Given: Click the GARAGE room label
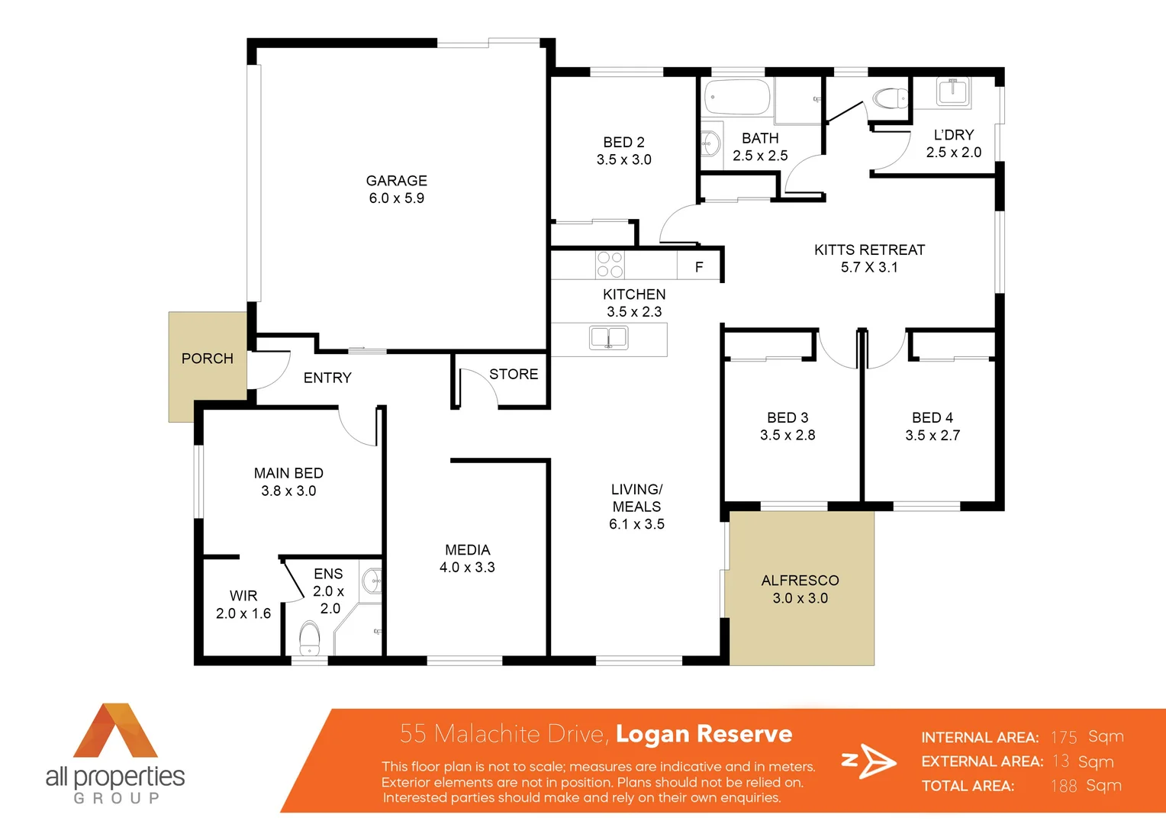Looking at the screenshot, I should [x=396, y=181].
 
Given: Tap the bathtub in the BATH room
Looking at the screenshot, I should [x=737, y=98].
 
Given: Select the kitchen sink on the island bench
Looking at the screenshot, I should [x=608, y=337].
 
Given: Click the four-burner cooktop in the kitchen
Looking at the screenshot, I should [x=610, y=265].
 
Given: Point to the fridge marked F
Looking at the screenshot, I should [x=699, y=267].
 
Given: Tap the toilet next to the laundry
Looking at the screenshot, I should [x=889, y=98].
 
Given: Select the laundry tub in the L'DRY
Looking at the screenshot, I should [x=952, y=92].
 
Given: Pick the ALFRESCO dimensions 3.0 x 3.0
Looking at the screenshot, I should [x=800, y=598].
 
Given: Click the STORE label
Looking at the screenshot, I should [x=514, y=374].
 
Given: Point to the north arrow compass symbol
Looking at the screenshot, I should [x=870, y=761].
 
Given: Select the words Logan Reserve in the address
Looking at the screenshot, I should [x=704, y=733].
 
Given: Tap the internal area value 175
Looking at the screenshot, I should [x=1063, y=737].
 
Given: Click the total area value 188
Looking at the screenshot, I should [x=1063, y=786].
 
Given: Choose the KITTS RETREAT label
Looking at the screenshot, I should [x=869, y=249].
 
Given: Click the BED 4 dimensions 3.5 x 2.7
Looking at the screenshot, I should [x=932, y=436].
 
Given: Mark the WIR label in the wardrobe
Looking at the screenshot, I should [x=243, y=596].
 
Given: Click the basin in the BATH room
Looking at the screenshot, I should [x=710, y=143].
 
